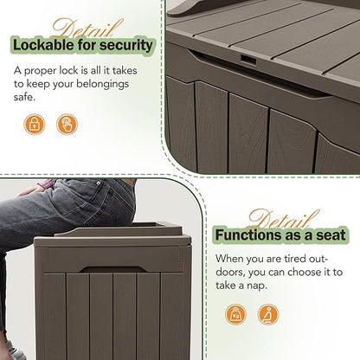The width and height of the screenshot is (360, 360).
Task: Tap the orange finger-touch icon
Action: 66,125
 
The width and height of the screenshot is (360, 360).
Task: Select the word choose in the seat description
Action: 303,271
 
